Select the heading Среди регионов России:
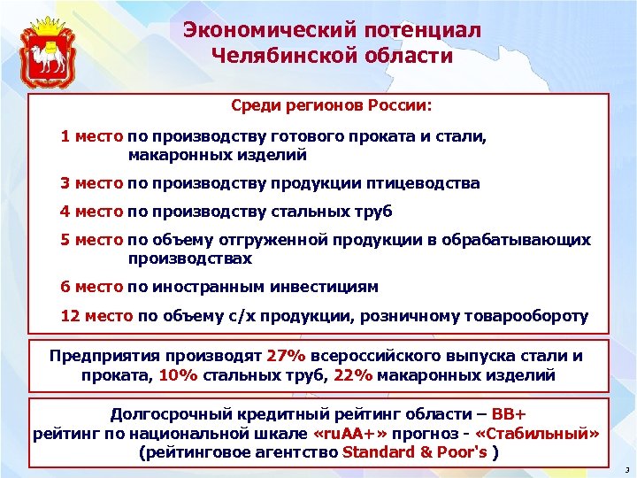click(332, 106)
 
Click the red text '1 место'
click(91, 137)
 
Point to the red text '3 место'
click(91, 183)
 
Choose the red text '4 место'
click(91, 212)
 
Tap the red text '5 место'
click(91, 241)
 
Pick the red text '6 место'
click(91, 287)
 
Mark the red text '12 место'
click(96, 316)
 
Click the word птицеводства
click(427, 183)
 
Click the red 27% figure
click(285, 356)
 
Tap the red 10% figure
click(179, 374)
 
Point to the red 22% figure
click(354, 374)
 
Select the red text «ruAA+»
click(349, 434)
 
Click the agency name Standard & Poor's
click(414, 452)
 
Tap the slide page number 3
click(625, 469)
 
